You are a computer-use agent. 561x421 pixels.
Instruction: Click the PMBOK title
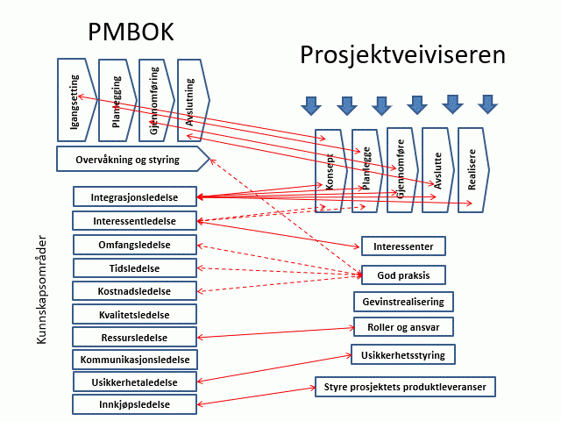click(x=131, y=31)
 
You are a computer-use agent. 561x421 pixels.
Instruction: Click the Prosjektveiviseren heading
click(x=403, y=54)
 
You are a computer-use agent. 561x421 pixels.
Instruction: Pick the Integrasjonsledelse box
click(x=134, y=197)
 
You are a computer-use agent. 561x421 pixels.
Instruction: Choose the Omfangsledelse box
click(x=134, y=244)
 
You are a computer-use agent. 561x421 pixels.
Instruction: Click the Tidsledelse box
click(x=134, y=268)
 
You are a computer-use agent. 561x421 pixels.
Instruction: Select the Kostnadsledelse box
click(x=134, y=290)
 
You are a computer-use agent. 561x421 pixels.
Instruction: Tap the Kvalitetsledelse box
click(x=134, y=314)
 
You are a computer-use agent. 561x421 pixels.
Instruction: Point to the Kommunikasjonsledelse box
click(x=135, y=359)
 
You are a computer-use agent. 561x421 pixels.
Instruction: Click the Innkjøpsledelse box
click(x=134, y=404)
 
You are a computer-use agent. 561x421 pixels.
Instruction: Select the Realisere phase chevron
click(x=472, y=170)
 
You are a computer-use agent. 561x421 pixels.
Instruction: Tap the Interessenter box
click(x=403, y=246)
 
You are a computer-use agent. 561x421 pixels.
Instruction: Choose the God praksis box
click(x=403, y=275)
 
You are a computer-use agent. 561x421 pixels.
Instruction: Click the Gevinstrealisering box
click(x=403, y=302)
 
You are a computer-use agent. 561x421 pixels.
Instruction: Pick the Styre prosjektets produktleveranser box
click(x=406, y=386)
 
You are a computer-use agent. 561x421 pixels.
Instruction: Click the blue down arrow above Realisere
click(x=486, y=105)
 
